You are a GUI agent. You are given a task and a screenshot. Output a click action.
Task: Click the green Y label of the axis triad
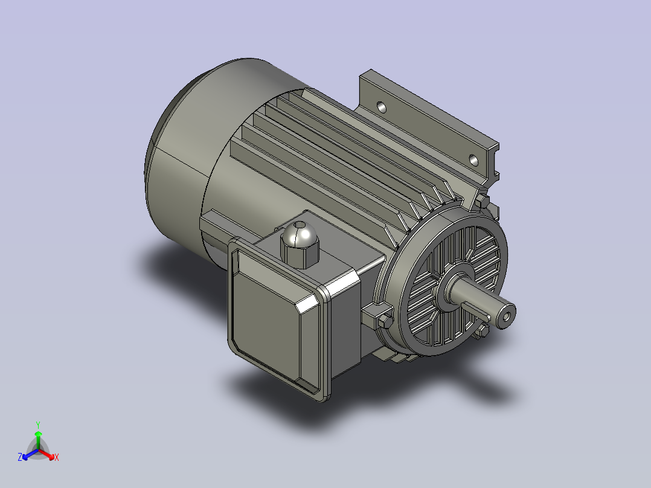[38, 425]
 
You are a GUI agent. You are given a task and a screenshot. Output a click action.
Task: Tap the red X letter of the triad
[57, 457]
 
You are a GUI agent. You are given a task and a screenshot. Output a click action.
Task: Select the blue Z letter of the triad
[20, 457]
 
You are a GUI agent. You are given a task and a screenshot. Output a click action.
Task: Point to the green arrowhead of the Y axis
[38, 434]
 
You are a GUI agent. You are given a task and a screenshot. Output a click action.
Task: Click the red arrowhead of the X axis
[51, 457]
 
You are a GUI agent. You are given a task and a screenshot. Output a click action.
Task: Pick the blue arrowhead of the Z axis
[25, 457]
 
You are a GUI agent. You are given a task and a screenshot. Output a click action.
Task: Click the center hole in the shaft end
[506, 317]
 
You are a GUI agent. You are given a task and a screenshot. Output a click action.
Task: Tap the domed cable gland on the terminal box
[299, 245]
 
